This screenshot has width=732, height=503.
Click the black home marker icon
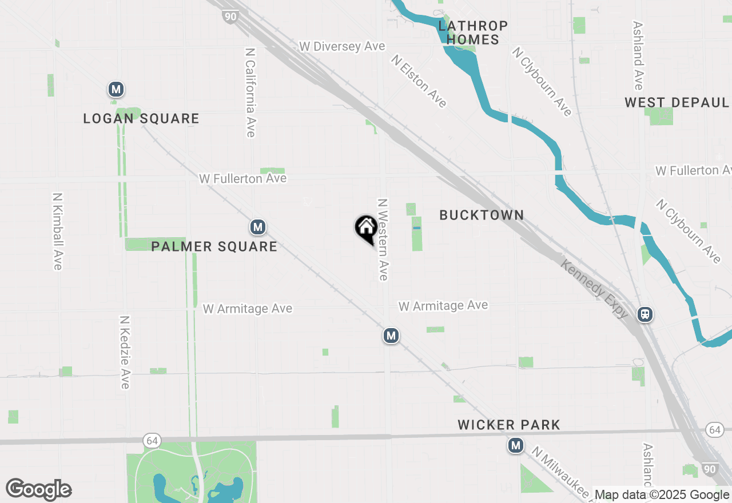click(x=366, y=228)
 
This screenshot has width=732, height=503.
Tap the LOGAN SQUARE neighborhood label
click(x=141, y=118)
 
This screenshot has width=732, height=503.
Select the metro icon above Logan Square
click(x=116, y=90)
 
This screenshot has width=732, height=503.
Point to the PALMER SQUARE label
click(x=214, y=246)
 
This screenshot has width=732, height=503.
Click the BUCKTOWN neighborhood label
click(x=482, y=215)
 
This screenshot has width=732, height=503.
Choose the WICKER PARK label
click(x=509, y=425)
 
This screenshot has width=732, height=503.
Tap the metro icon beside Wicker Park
click(x=516, y=445)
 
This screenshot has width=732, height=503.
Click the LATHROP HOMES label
click(x=472, y=33)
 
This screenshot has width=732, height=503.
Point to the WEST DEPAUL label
click(x=677, y=102)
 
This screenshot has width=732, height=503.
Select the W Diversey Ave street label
click(x=342, y=46)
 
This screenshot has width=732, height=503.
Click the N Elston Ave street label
click(x=419, y=81)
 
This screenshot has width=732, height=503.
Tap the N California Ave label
click(x=250, y=91)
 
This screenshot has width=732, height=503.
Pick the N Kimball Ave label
click(x=57, y=230)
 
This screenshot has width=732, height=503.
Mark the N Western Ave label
click(x=383, y=239)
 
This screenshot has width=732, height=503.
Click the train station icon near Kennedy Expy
click(x=645, y=314)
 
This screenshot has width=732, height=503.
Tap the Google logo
click(x=38, y=490)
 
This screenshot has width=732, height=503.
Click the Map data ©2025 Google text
click(x=662, y=495)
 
